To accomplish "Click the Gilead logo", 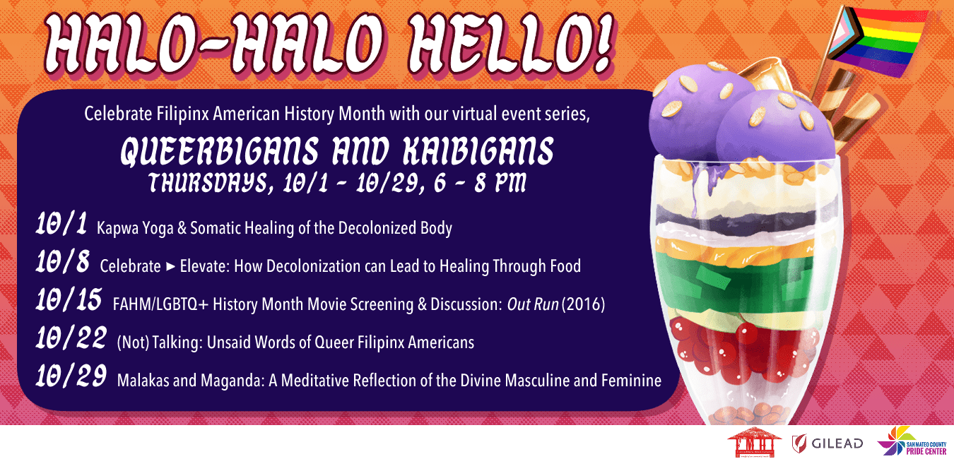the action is (x=827, y=443).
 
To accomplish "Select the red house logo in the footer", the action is (x=754, y=443).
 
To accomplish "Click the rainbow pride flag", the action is (x=883, y=42).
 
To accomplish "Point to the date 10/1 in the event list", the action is (x=61, y=224).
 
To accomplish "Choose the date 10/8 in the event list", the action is (x=63, y=261).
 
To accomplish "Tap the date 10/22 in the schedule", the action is (x=71, y=338).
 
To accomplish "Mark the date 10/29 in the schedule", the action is (x=71, y=376).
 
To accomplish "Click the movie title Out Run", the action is (x=533, y=304).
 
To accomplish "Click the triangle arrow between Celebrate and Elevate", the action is (x=170, y=267).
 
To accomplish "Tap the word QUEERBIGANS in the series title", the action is (x=220, y=151).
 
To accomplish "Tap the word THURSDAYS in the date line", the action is (x=211, y=183).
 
